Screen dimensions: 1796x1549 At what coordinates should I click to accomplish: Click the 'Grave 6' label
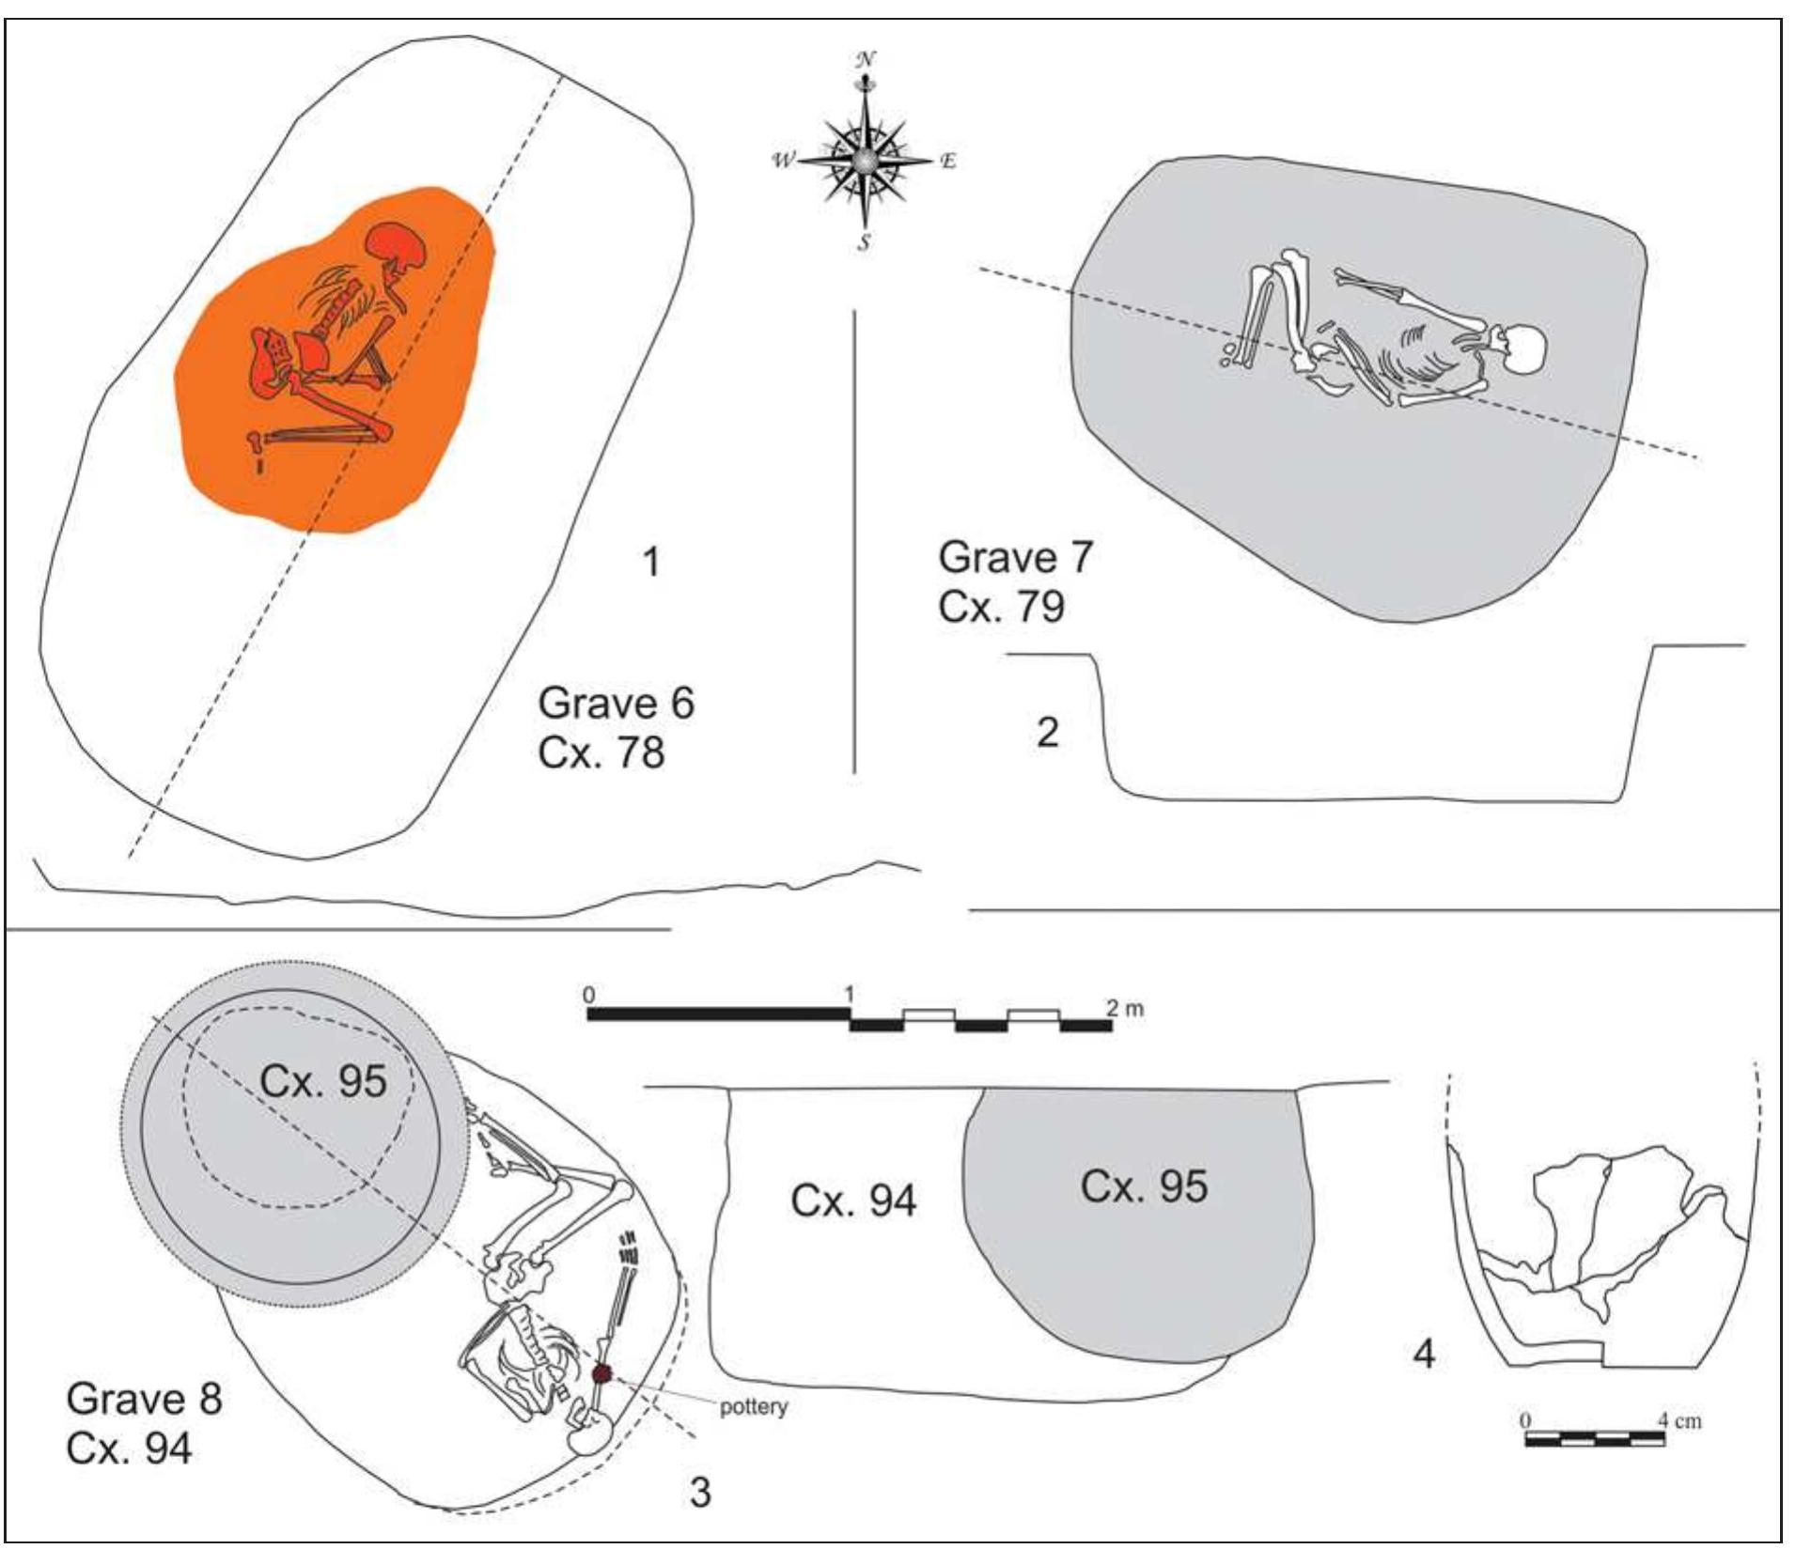616,704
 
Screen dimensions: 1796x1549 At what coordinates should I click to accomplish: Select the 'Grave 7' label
1016,557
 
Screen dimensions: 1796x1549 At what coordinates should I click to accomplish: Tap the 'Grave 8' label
144,1399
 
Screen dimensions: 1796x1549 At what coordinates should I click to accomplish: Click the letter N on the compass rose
865,59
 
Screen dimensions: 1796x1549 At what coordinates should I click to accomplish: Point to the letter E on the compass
947,162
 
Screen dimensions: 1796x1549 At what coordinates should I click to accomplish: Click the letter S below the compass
863,243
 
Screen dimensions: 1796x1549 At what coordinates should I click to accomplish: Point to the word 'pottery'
754,1407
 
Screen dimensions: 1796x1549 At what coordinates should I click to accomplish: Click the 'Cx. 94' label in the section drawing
853,1200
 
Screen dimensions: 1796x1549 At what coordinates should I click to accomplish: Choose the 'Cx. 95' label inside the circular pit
323,1080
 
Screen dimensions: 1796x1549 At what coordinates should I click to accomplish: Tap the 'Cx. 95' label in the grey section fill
1144,1186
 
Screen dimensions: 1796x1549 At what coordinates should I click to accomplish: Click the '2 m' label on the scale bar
1125,1009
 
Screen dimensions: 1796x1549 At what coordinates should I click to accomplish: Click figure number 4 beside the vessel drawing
1424,1354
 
